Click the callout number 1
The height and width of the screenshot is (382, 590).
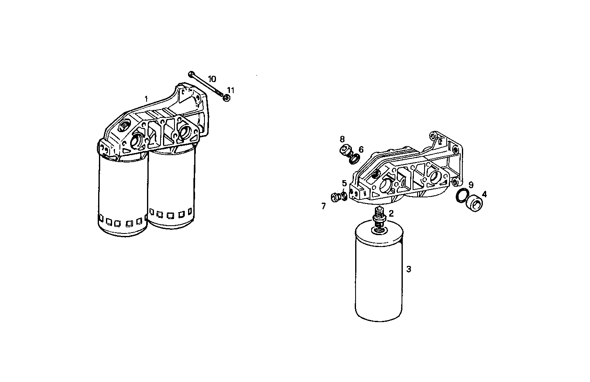click(x=146, y=99)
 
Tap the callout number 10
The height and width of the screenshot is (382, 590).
click(x=212, y=78)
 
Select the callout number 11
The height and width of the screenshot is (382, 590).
click(x=231, y=90)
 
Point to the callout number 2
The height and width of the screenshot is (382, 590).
click(x=391, y=213)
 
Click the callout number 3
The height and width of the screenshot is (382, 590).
click(x=409, y=269)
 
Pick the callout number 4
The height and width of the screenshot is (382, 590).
click(x=484, y=194)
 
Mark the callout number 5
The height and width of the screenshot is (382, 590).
click(x=344, y=183)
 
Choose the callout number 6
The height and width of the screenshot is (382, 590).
click(x=361, y=149)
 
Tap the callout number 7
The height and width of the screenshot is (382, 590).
click(x=324, y=206)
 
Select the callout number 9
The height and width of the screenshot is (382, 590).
click(x=471, y=185)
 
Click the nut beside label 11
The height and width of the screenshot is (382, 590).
click(x=226, y=98)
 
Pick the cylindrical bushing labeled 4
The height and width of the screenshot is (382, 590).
click(x=475, y=204)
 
